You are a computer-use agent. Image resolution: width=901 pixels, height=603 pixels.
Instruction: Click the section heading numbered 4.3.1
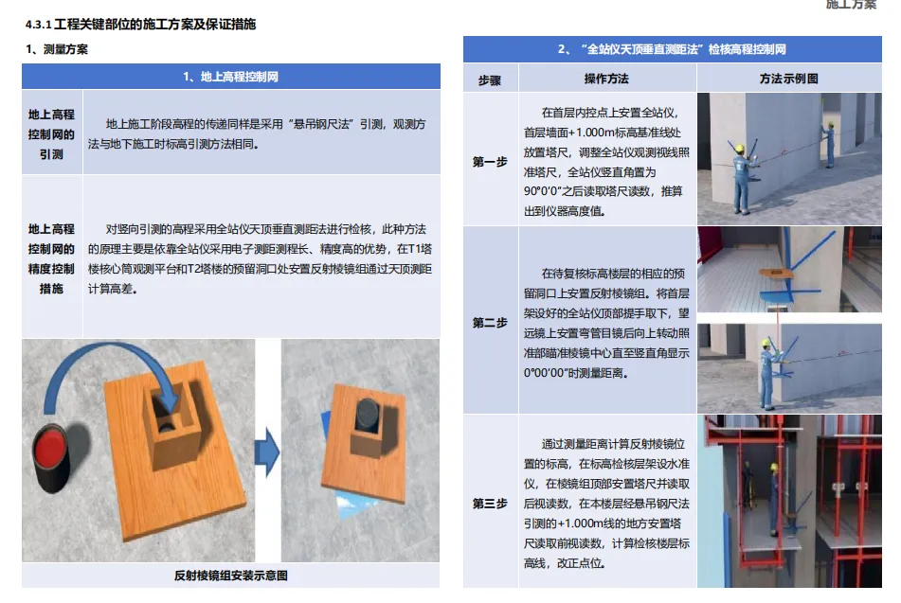pos(141,24)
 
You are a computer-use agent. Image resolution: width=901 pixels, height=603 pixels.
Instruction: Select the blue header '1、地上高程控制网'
pos(231,77)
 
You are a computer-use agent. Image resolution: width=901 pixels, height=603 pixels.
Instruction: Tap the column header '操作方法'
pos(606,79)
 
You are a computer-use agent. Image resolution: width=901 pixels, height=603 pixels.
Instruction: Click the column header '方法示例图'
pos(788,79)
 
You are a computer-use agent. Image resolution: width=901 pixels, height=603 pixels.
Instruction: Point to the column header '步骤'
pos(490,80)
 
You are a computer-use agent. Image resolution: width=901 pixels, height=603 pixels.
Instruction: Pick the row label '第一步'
pos(490,162)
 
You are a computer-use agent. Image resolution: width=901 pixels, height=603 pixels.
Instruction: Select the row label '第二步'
pos(490,323)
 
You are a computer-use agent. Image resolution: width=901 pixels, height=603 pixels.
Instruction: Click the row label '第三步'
pos(490,504)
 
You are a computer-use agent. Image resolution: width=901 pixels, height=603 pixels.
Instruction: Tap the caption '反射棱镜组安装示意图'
pos(231,576)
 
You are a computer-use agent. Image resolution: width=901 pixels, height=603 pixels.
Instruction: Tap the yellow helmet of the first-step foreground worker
pos(740,149)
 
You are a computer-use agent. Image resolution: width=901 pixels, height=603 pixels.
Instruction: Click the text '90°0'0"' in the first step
pos(546,191)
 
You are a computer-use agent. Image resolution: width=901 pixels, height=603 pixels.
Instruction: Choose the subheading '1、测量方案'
pos(57,49)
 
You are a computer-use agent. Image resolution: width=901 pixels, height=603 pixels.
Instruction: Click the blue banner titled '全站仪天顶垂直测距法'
pos(673,49)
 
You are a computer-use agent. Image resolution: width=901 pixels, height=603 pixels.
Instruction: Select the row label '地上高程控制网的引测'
pos(52,134)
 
